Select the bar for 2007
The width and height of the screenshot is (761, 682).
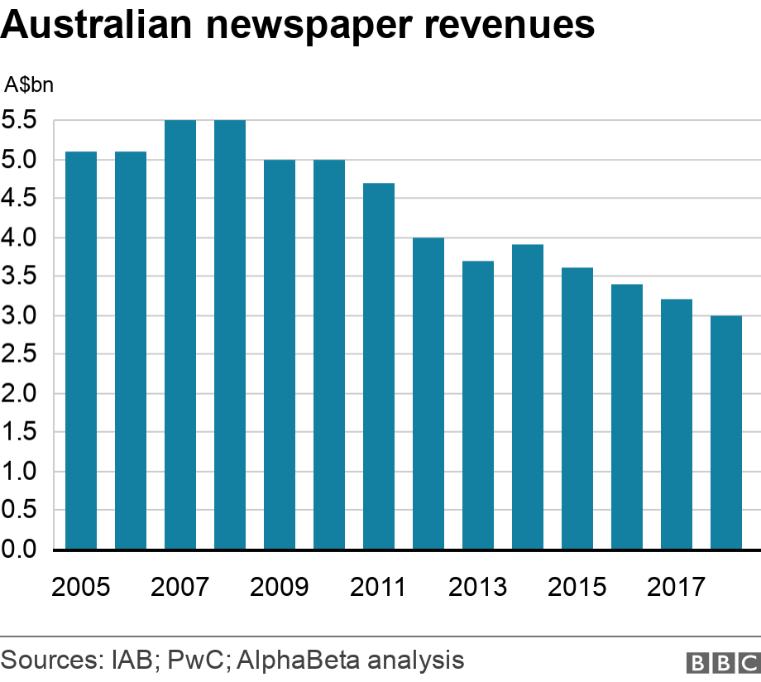point(180,334)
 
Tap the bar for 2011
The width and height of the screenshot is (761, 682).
point(379,366)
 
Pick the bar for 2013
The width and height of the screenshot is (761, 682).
point(478,405)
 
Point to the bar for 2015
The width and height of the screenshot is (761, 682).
point(577,408)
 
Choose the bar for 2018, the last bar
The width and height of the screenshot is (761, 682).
point(726,432)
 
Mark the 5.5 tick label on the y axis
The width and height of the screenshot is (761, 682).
point(19,121)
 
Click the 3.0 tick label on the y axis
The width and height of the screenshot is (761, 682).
point(19,315)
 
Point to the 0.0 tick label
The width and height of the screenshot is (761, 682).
point(19,550)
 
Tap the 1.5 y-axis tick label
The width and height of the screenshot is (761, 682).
point(19,433)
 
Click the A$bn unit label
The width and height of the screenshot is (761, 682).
point(30,84)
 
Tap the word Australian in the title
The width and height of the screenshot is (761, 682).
point(98,27)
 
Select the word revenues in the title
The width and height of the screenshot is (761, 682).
point(509,27)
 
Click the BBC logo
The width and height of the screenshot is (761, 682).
point(722,662)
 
